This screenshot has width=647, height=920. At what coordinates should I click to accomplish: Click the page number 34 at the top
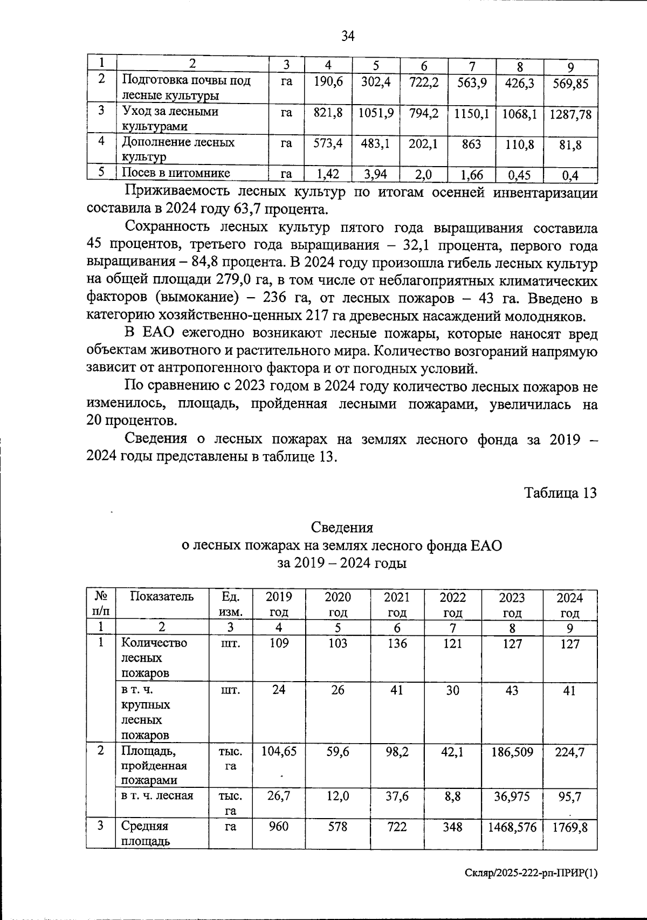(348, 36)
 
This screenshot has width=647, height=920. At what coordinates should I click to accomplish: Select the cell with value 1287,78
(570, 114)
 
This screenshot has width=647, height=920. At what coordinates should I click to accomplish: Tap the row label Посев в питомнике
(176, 173)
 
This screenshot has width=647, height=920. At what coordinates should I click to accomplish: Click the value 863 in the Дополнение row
(471, 145)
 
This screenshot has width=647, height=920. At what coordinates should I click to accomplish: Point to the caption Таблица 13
(560, 492)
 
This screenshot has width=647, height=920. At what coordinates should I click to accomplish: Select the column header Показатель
(161, 596)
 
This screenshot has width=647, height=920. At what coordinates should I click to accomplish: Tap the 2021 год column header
(397, 605)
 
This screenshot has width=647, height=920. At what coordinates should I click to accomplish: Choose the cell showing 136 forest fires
(397, 643)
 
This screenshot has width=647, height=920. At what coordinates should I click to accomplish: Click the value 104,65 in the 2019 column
(279, 751)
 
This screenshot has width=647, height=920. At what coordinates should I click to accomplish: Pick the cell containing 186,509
(512, 751)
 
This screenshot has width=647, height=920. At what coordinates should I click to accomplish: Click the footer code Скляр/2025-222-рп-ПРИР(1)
(531, 874)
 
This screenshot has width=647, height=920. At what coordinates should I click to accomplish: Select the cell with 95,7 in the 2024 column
(570, 797)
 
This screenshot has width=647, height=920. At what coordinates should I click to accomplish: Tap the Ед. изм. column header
(230, 605)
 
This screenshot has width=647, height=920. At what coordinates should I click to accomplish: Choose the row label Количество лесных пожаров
(154, 657)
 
